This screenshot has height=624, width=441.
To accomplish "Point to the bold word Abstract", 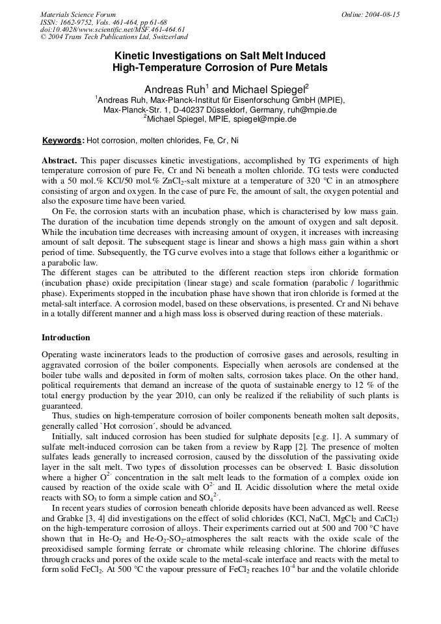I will [x=60, y=160].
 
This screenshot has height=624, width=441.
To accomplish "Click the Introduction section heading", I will [x=66, y=338].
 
